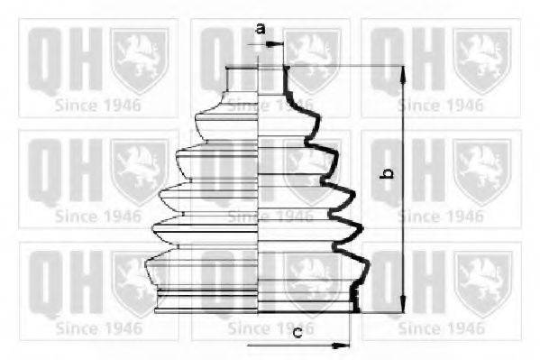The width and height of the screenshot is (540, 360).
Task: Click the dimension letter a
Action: pos(260,28)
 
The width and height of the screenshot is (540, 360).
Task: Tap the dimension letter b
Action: pos(386,171)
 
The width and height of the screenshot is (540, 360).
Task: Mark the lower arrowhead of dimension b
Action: pos(400,307)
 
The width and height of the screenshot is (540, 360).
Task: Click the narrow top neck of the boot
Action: pos(259,78)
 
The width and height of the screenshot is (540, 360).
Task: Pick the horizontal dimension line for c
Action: pos(297,345)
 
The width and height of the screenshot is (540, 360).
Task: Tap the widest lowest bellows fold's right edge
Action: pos(370,268)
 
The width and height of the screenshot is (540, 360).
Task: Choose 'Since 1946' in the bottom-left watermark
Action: pos(98,328)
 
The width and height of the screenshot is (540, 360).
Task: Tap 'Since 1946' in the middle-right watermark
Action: pos(441,217)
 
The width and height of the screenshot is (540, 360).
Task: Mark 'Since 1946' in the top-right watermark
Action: pos(441,104)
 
